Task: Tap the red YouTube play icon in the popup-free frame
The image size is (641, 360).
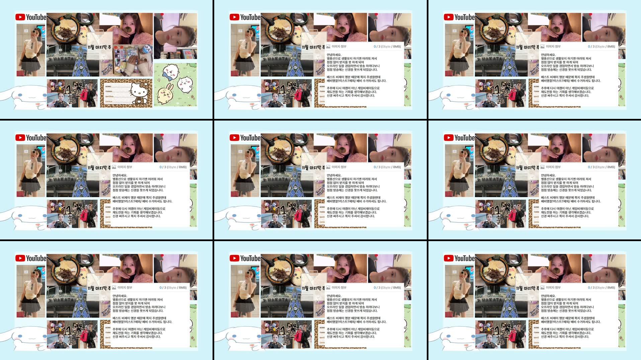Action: pyautogui.click(x=20, y=17)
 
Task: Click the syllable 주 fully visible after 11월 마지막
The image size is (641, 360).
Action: pyautogui.click(x=109, y=47)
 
